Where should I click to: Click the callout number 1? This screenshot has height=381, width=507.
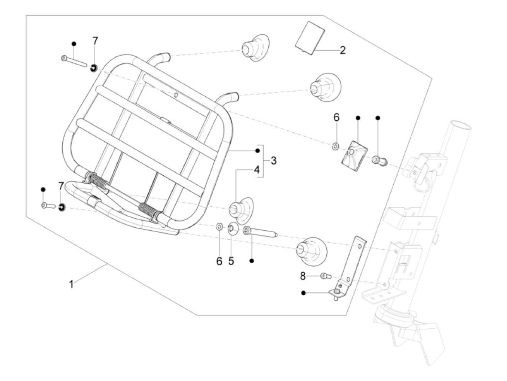pyautogui.click(x=72, y=284)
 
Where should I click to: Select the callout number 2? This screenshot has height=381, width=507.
pyautogui.click(x=343, y=50)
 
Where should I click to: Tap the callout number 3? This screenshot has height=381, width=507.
pyautogui.click(x=274, y=160)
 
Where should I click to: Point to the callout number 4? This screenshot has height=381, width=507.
pyautogui.click(x=257, y=170)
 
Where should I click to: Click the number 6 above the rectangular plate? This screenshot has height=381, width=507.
pyautogui.click(x=336, y=118)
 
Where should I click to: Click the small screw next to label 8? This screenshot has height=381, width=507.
pyautogui.click(x=326, y=276)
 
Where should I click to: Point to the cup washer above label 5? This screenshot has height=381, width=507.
pyautogui.click(x=232, y=229)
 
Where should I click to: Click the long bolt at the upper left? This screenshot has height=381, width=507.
pyautogui.click(x=74, y=62)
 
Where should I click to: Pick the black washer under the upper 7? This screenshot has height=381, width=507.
pyautogui.click(x=93, y=68)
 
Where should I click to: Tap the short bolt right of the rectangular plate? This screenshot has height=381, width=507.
pyautogui.click(x=379, y=160)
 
